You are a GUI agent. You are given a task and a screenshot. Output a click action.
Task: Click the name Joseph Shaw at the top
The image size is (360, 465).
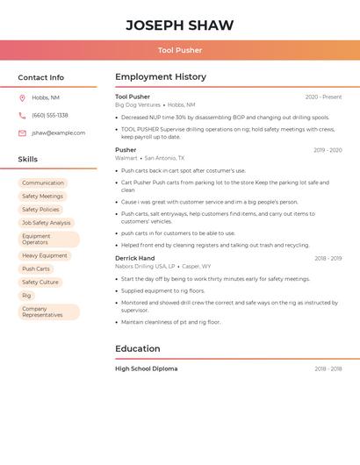coord(180,25)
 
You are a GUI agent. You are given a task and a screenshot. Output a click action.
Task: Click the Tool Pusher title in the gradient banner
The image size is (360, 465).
coord(180,50)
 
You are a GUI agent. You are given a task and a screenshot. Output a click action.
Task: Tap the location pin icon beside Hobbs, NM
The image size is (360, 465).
coord(22,97)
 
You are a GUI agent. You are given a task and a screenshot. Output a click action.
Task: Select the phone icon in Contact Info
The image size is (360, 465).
coord(22,115)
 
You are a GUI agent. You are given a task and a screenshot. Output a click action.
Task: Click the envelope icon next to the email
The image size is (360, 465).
coord(22,133)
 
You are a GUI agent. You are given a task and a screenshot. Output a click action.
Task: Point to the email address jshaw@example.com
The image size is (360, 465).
coord(59,133)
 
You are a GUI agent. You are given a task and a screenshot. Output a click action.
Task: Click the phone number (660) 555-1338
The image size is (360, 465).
coord(50,115)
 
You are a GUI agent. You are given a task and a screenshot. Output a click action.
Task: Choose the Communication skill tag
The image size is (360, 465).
coord(43,183)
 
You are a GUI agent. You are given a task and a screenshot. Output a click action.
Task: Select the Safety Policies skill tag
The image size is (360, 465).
coord(40,210)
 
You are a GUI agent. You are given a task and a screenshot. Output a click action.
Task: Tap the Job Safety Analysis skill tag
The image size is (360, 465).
coord(47,223)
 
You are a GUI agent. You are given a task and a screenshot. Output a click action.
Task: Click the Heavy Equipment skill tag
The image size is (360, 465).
coord(45,255)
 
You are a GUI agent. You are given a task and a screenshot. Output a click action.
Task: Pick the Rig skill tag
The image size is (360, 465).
coord(26,296)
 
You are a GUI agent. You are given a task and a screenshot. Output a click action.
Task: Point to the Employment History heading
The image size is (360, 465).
coord(161,77)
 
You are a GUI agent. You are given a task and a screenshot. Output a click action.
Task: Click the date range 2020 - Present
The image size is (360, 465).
coord(323,97)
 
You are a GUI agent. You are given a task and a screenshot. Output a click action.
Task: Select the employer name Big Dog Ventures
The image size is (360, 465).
coord(138,105)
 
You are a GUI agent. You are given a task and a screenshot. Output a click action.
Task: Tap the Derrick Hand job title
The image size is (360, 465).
coord(134,259)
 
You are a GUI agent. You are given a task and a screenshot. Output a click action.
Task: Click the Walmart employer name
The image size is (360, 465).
coord(126,158)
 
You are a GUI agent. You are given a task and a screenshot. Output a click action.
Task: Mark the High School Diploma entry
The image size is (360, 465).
coord(146,369)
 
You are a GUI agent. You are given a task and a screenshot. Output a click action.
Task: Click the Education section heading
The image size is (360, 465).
coord(138,349)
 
